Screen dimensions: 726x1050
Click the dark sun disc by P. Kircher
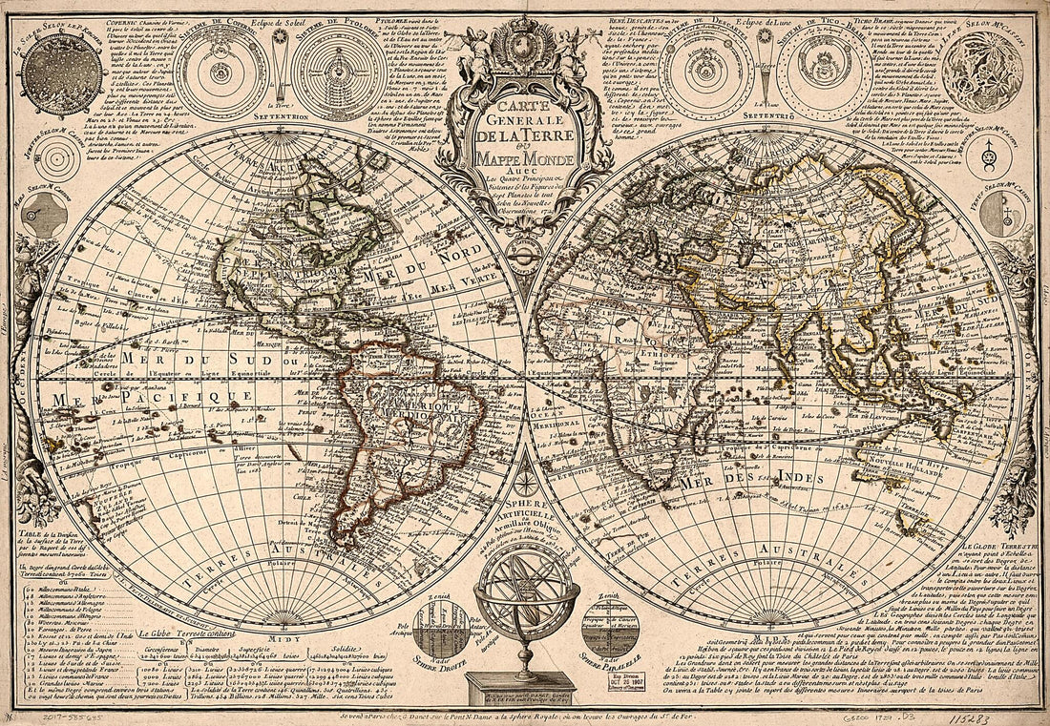pyautogui.click(x=63, y=73)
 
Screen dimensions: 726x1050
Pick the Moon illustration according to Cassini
pyautogui.click(x=982, y=73)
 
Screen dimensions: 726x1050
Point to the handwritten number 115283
pyautogui.click(x=998, y=711)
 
